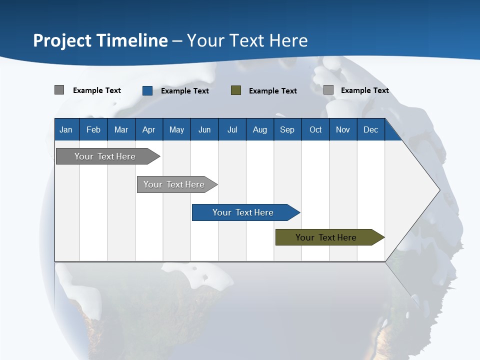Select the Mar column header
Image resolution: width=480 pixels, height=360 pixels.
(x=121, y=129)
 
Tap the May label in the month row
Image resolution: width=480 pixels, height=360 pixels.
(x=176, y=129)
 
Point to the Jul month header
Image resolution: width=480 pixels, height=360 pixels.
(x=232, y=129)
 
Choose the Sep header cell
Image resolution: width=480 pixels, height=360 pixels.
(x=287, y=129)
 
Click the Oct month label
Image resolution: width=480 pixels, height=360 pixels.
(x=315, y=129)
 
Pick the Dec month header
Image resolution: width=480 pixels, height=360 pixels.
(x=370, y=129)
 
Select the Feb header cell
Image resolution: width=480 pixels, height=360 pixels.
(x=93, y=129)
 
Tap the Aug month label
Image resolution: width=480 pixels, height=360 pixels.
(x=260, y=129)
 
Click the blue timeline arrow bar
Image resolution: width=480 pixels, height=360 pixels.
(x=246, y=212)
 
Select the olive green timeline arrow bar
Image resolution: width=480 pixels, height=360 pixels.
(x=330, y=237)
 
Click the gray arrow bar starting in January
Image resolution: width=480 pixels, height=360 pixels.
(x=108, y=156)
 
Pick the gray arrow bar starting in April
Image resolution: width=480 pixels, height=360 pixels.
(x=177, y=184)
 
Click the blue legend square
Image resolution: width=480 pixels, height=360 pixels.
(x=147, y=90)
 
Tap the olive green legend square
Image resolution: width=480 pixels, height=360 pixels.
(x=235, y=90)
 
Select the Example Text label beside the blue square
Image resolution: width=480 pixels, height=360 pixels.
(x=185, y=91)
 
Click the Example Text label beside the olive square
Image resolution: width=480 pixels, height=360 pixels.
(x=273, y=91)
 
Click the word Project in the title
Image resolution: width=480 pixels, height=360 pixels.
(x=62, y=41)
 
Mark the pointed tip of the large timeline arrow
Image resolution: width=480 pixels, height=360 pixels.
(x=440, y=190)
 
